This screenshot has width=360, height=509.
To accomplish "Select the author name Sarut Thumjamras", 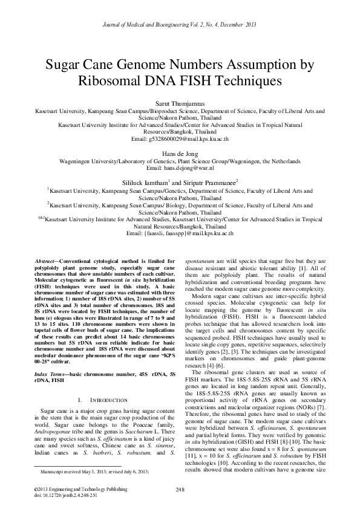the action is pos(180,104).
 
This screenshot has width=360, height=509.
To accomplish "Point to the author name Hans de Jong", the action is pos(180,154).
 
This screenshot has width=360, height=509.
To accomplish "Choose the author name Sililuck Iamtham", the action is pos(145,181).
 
